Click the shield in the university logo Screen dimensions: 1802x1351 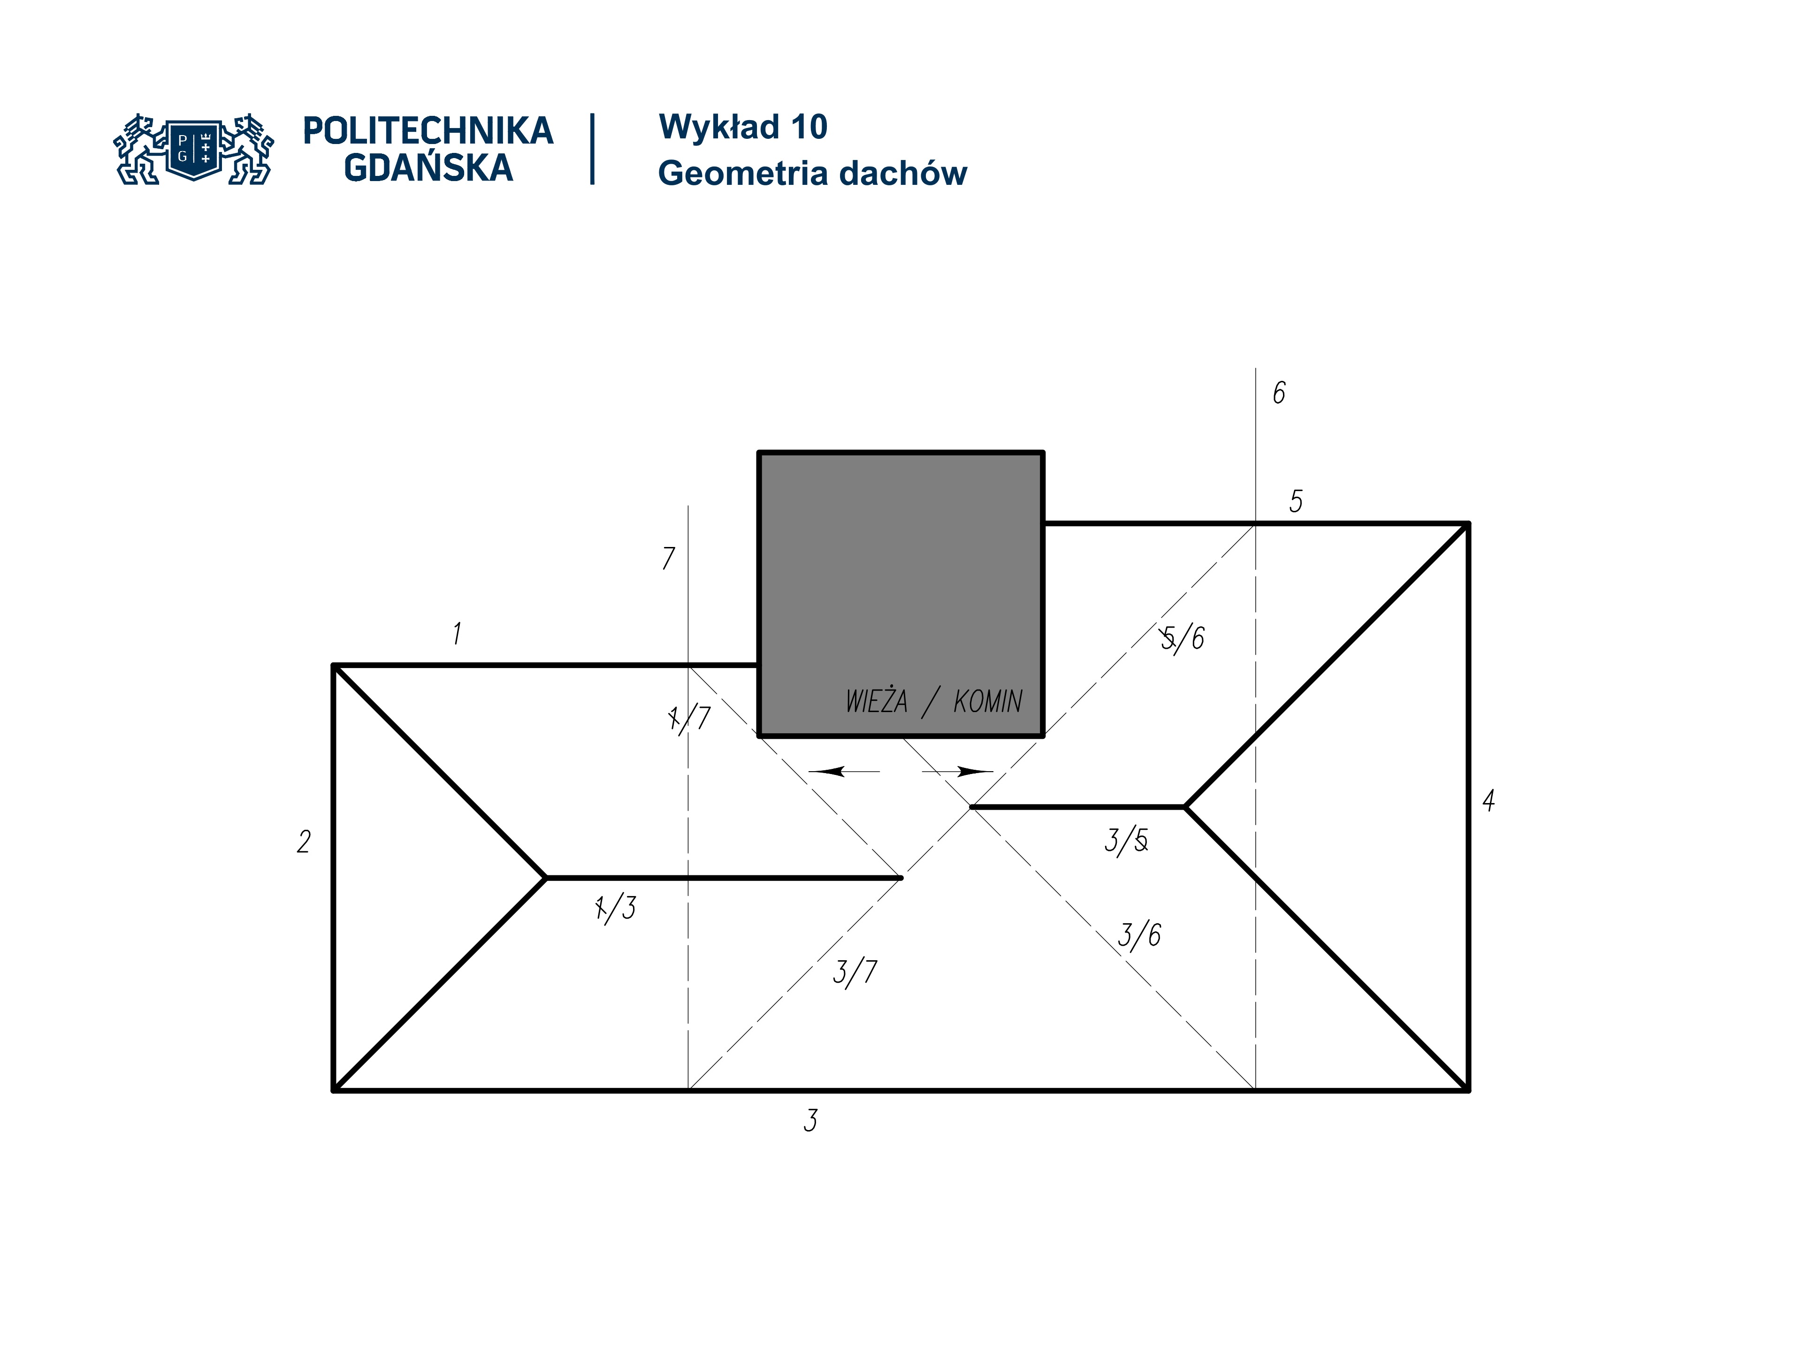pyautogui.click(x=194, y=149)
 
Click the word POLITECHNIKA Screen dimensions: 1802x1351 pyautogui.click(x=428, y=131)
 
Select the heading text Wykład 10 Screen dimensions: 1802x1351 pyautogui.click(x=743, y=127)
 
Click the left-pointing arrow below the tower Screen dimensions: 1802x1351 pyautogui.click(x=843, y=771)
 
